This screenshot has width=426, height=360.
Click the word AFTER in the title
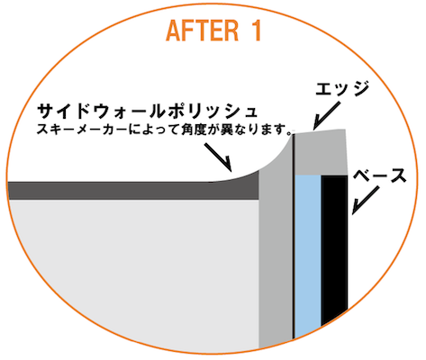tap(202, 31)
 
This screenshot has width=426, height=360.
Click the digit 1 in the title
tap(256, 31)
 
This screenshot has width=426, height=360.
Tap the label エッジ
tap(342, 88)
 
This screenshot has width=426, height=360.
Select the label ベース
tap(379, 175)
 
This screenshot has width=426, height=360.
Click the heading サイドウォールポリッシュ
tap(147, 112)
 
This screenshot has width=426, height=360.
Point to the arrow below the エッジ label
tap(326, 116)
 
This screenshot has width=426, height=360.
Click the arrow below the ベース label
tap(365, 201)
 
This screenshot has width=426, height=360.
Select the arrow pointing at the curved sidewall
tap(218, 157)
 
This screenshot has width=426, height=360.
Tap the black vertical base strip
tap(334, 250)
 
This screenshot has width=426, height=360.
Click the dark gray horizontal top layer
tap(132, 191)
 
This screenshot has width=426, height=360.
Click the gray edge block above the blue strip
tap(320, 152)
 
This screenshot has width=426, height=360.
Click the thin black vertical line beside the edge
tap(294, 237)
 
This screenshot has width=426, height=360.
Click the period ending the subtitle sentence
tap(289, 132)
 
